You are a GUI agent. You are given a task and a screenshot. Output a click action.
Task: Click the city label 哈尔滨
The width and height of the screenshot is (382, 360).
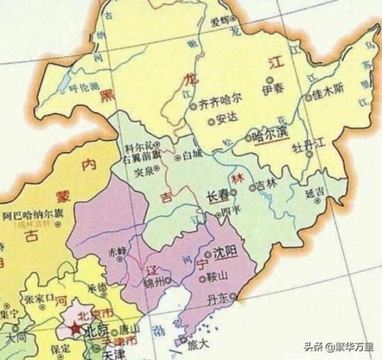pyautogui.click(x=271, y=135)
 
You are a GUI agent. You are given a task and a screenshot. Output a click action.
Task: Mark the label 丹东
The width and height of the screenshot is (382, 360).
pyautogui.click(x=223, y=294)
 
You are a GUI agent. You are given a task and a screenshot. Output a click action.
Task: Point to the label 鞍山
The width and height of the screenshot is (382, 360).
pyautogui.click(x=217, y=278)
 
